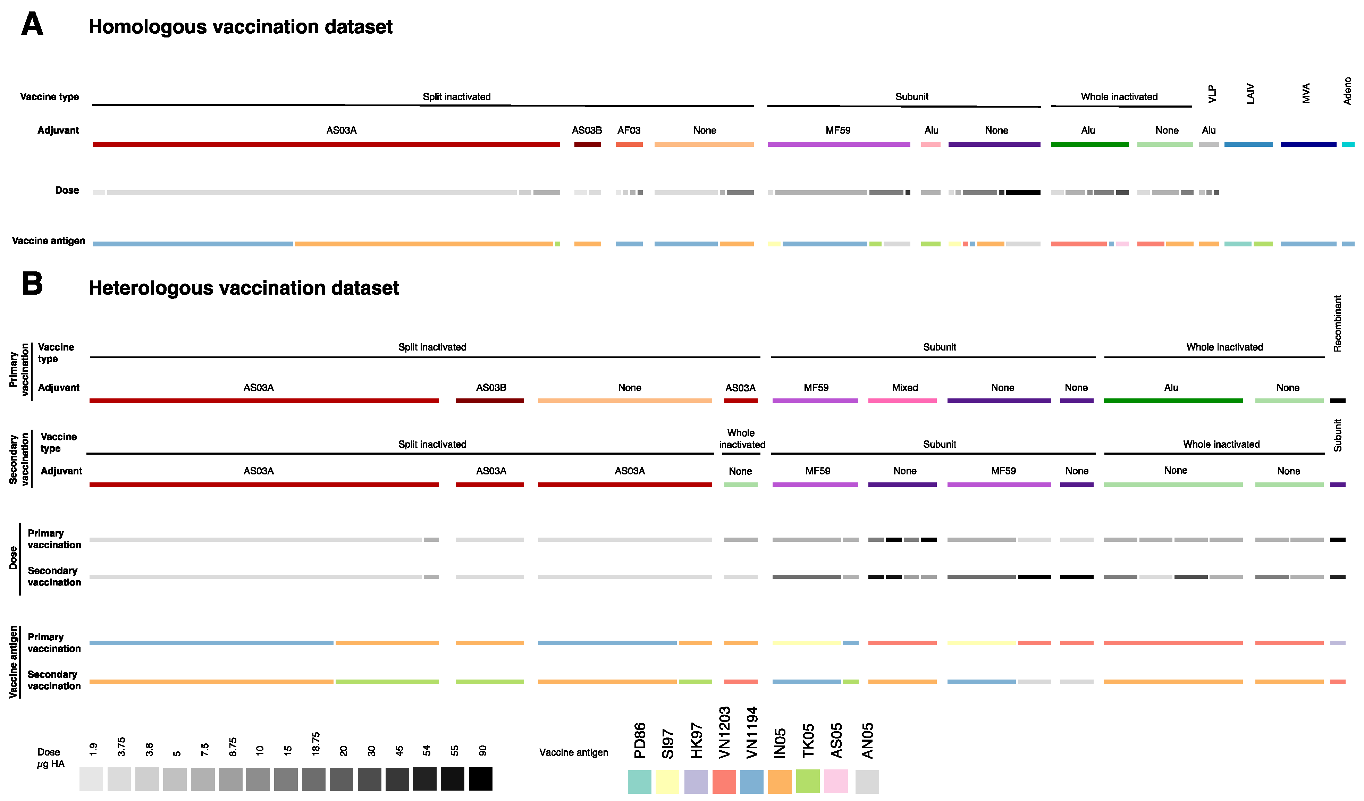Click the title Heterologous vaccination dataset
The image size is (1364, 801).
244,288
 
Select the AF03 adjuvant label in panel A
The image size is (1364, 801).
629,130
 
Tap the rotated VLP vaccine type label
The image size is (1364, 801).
1212,94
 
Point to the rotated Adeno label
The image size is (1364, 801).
1347,91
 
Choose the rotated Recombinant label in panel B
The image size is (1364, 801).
1338,324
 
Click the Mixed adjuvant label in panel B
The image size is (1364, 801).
904,388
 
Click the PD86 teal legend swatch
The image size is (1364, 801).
639,782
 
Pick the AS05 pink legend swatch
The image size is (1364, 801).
836,781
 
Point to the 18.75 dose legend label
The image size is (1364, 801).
315,744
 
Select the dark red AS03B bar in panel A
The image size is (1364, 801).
587,144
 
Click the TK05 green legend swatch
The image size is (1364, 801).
808,781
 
